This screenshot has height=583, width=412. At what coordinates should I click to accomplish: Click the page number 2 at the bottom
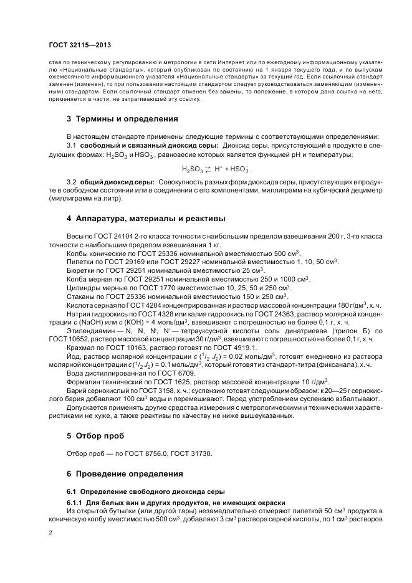tap(50, 533)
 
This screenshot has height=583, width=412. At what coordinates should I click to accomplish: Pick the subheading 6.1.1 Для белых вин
tap(176, 503)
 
